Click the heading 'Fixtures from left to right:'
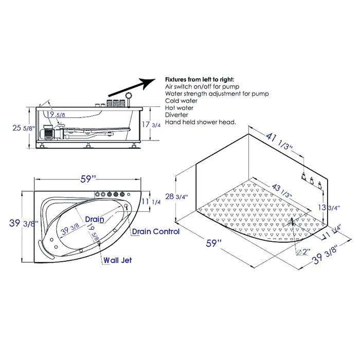click(x=199, y=80)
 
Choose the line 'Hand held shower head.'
click(x=200, y=122)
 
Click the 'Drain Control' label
click(x=156, y=231)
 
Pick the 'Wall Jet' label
click(x=117, y=260)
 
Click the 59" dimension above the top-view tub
click(x=88, y=179)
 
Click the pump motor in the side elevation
click(x=50, y=132)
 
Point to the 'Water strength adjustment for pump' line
click(x=217, y=94)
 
